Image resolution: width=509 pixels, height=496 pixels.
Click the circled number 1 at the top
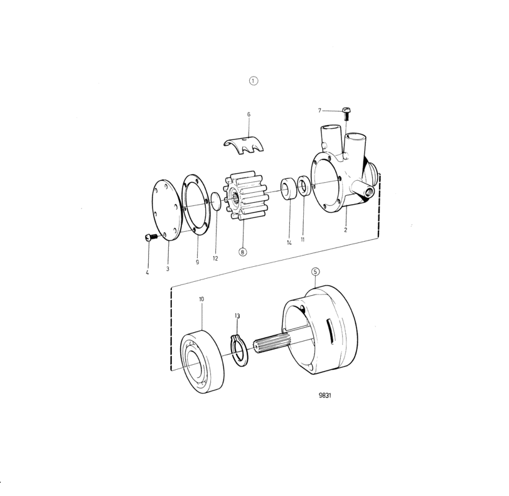(x=253, y=80)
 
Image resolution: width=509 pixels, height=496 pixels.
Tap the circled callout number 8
(x=242, y=252)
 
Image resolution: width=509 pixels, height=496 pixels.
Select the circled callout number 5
(x=316, y=272)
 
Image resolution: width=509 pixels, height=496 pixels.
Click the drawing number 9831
(x=325, y=396)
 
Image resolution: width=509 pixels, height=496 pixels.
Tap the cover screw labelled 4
(x=150, y=237)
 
